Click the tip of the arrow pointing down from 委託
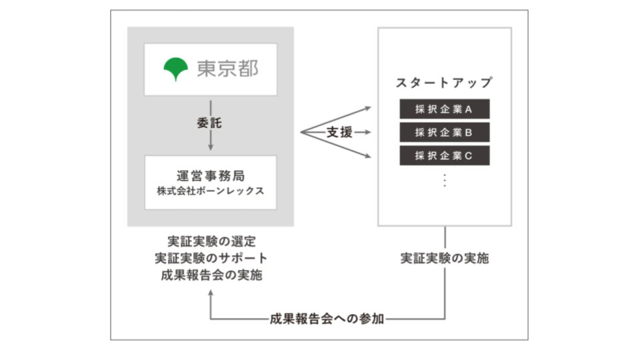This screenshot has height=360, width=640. [211, 150]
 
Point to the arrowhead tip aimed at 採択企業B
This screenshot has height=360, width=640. [371, 132]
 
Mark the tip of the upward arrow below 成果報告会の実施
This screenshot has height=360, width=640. [211, 290]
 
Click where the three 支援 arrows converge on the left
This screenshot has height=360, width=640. [301, 132]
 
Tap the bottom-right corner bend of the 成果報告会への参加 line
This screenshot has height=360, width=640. [445, 319]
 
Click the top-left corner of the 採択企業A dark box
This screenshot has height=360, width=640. [399, 99]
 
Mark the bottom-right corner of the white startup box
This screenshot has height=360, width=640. [511, 226]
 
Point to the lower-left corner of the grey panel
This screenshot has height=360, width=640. [127, 226]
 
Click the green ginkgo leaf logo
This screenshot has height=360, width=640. [175, 69]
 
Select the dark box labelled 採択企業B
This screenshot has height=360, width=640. [445, 132]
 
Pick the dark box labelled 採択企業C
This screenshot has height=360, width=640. [445, 155]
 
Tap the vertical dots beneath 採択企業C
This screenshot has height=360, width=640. [445, 180]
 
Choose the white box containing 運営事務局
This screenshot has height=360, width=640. [211, 183]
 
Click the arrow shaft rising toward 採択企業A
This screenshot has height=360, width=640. [336, 119]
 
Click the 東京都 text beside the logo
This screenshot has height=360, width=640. [227, 69]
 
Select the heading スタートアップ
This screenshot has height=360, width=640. [445, 83]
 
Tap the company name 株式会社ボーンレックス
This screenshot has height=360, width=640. [211, 191]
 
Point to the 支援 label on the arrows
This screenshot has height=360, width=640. [339, 132]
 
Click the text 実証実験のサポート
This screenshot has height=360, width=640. [211, 258]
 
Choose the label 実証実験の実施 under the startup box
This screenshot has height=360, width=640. [445, 258]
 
